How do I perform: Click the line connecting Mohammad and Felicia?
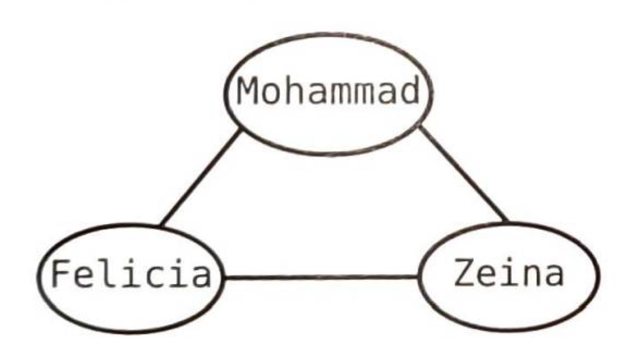[200, 178]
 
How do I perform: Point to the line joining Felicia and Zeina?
[321, 277]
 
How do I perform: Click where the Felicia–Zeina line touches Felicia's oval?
[224, 278]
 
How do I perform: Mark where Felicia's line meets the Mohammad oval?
[240, 130]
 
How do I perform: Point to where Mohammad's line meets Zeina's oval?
[507, 221]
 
